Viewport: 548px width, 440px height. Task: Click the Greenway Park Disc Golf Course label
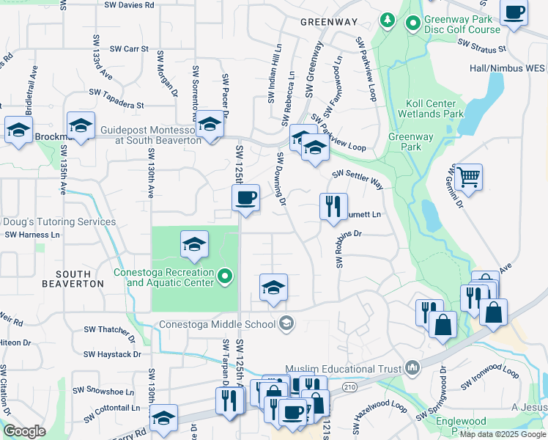click(462, 24)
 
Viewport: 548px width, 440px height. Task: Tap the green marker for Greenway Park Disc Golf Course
click(412, 24)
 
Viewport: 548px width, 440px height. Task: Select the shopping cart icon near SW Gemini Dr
click(468, 177)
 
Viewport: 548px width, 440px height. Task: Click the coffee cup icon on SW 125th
click(245, 197)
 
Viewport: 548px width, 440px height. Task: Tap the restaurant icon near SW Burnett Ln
click(334, 207)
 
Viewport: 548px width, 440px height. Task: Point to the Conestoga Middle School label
click(220, 323)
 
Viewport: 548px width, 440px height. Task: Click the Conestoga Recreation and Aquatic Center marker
click(226, 277)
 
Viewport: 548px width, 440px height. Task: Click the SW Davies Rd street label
click(130, 5)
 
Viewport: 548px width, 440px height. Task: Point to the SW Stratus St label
click(481, 46)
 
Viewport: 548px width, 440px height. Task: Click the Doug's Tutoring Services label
click(59, 221)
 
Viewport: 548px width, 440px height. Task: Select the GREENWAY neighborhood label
click(329, 23)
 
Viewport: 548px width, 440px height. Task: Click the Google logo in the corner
click(24, 431)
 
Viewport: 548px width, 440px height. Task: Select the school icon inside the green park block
click(194, 245)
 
